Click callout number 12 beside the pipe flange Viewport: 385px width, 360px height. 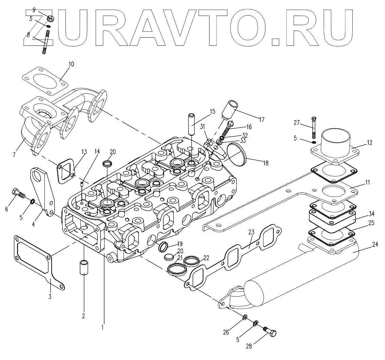click(370, 143)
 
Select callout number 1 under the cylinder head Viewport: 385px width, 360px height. click(102, 328)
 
